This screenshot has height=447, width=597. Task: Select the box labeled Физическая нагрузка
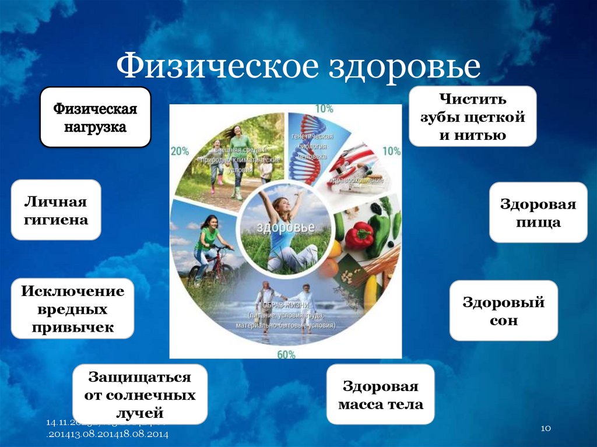click(95, 117)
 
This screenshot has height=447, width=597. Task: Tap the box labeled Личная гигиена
click(56, 210)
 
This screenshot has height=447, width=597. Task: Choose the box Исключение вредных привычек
click(72, 308)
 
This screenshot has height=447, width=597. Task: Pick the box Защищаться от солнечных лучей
click(140, 395)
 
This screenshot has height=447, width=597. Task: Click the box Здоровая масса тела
click(380, 395)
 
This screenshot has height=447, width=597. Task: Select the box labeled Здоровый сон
click(503, 311)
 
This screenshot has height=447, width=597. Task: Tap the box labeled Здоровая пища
click(538, 213)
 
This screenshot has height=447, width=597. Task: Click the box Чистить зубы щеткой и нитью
click(472, 116)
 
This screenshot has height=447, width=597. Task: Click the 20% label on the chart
click(180, 151)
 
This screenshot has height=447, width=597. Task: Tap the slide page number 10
click(546, 428)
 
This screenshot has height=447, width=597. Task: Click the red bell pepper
click(359, 235)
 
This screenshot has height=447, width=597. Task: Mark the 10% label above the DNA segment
click(324, 108)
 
